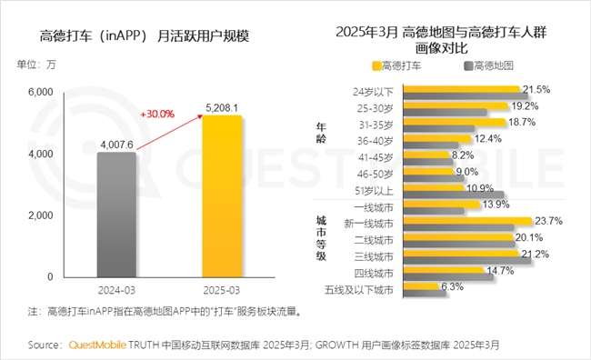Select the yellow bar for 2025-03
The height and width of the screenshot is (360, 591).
pyautogui.click(x=222, y=195)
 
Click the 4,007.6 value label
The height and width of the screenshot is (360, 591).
pyautogui.click(x=117, y=143)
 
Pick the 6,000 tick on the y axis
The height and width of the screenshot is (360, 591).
pyautogui.click(x=42, y=93)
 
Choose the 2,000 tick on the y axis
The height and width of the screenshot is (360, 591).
pyautogui.click(x=42, y=215)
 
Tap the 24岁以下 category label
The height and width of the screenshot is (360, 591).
pyautogui.click(x=373, y=92)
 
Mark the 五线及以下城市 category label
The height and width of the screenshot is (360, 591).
pyautogui.click(x=361, y=290)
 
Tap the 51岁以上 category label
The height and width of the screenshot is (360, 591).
pyautogui.click(x=373, y=190)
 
